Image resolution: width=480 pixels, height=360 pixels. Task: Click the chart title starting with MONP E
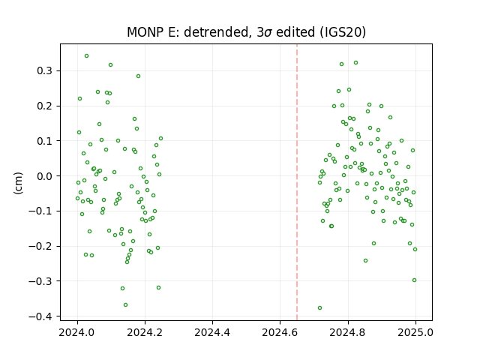pos(246,32)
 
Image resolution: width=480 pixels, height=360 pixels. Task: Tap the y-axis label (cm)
pos(18,183)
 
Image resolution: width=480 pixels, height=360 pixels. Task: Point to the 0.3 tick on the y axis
pos(45,70)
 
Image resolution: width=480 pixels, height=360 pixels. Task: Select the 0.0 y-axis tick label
pos(45,176)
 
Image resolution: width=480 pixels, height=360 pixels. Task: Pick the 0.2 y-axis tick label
pos(45,106)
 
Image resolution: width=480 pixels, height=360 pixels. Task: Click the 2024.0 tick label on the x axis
pos(76,332)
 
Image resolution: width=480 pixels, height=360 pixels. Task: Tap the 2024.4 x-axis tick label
pos(212,332)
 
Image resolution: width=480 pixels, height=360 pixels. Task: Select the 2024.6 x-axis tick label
pos(280,332)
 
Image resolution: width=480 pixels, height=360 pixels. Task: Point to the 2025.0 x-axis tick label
pos(415,332)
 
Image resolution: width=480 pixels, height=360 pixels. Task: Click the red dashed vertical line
pos(297,182)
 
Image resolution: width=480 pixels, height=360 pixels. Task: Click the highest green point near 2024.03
pos(87,56)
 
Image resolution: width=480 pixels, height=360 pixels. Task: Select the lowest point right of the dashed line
pos(320,308)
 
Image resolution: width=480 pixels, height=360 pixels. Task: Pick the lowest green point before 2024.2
pos(125,305)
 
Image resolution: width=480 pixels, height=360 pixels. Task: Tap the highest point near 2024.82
pos(355,63)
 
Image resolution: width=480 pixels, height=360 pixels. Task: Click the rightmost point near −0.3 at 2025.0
pos(415,280)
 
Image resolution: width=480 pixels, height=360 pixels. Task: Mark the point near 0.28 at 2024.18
pos(138,76)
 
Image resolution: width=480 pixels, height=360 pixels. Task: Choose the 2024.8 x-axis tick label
pos(347,332)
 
